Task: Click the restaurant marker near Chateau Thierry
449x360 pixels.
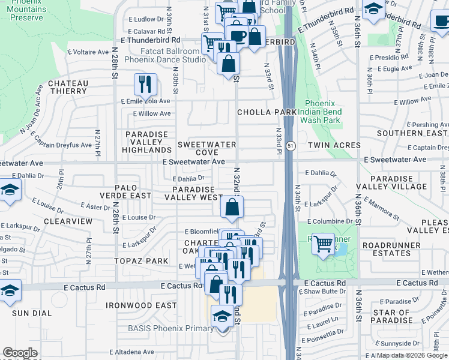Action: [x=145, y=85]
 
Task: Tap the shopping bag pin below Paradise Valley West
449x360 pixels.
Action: [x=232, y=208]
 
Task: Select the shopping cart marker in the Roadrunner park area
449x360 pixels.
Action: [x=324, y=244]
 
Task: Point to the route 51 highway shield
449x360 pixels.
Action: [x=291, y=146]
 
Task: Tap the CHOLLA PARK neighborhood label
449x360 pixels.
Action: [x=267, y=112]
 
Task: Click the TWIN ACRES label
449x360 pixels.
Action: [x=334, y=145]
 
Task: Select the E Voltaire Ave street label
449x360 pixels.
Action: [x=91, y=52]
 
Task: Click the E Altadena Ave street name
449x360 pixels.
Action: [x=131, y=352]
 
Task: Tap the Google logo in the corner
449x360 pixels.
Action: [x=20, y=353]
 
